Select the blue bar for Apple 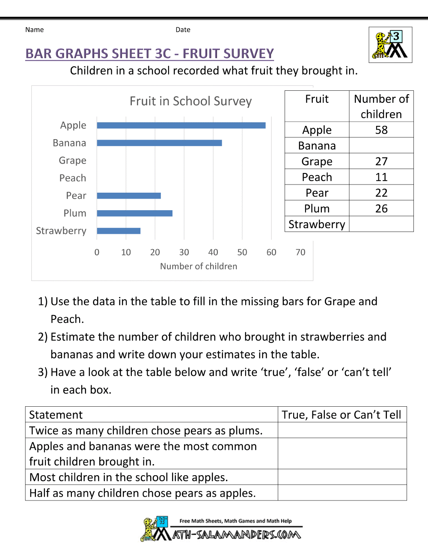181,125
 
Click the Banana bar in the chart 159,143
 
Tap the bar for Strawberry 119,231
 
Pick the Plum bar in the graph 134,213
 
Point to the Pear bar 129,196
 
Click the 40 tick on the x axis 213,252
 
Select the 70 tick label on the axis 300,252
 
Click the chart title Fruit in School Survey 190,101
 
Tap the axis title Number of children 199,266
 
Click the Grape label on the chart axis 72,161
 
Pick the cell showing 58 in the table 381,130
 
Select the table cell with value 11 381,177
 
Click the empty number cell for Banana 381,146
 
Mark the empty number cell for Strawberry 381,224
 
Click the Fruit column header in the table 317,99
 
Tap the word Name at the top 34,30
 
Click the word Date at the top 183,30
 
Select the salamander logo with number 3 390,45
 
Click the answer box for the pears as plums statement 342,430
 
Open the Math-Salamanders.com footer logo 221,530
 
